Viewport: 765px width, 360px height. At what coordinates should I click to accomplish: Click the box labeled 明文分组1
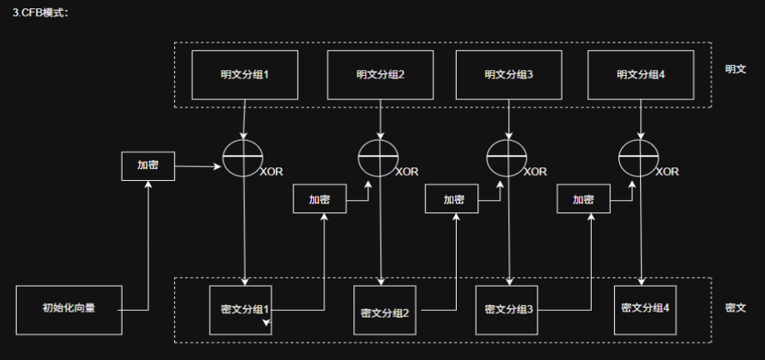[244, 74]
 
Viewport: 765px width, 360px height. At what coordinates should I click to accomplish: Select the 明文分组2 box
[380, 74]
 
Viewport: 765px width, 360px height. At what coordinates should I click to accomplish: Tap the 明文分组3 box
[508, 74]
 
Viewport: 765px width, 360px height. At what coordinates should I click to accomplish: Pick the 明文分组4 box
[640, 74]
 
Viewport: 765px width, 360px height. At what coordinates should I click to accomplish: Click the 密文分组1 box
[244, 309]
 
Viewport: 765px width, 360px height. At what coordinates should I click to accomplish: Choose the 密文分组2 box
[384, 312]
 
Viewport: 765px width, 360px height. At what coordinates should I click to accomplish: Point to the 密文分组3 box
[508, 309]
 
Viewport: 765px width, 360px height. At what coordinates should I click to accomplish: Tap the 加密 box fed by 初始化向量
[148, 165]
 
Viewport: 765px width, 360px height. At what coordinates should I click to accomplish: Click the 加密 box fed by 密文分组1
[319, 200]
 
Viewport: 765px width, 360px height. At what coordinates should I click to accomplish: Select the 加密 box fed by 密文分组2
[453, 199]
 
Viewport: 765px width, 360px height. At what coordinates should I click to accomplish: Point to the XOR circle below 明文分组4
[640, 157]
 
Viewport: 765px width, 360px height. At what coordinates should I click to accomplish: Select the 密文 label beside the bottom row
[735, 307]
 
